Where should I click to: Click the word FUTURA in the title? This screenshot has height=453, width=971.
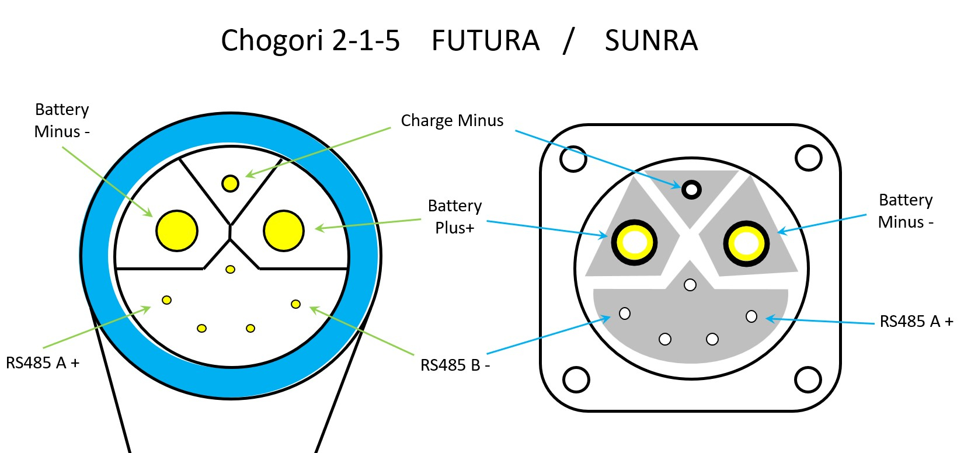485,41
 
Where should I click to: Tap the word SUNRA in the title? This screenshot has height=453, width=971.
651,41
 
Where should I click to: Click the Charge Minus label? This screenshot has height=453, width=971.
452,120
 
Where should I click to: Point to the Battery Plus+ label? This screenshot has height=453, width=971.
455,216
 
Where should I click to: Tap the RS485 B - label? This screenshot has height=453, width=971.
455,365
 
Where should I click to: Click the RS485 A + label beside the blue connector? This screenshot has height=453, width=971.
43,363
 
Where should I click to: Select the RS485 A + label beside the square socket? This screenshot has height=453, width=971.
916,321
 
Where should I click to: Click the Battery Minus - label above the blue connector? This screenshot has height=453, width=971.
62,120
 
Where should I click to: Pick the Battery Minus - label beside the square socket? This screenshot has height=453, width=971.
906,211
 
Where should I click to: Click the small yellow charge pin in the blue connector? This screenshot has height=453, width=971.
231,183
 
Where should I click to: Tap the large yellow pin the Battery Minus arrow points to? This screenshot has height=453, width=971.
177,231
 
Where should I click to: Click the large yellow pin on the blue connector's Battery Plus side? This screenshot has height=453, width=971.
284,231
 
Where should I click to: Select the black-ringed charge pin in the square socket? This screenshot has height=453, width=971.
691,189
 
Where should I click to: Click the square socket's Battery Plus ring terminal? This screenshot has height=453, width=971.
634,242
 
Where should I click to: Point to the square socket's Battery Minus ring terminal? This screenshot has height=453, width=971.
746,243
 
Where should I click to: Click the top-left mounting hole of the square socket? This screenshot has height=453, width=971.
573,158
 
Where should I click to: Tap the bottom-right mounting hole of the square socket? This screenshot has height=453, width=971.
808,379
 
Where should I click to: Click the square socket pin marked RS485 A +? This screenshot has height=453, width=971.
751,316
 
